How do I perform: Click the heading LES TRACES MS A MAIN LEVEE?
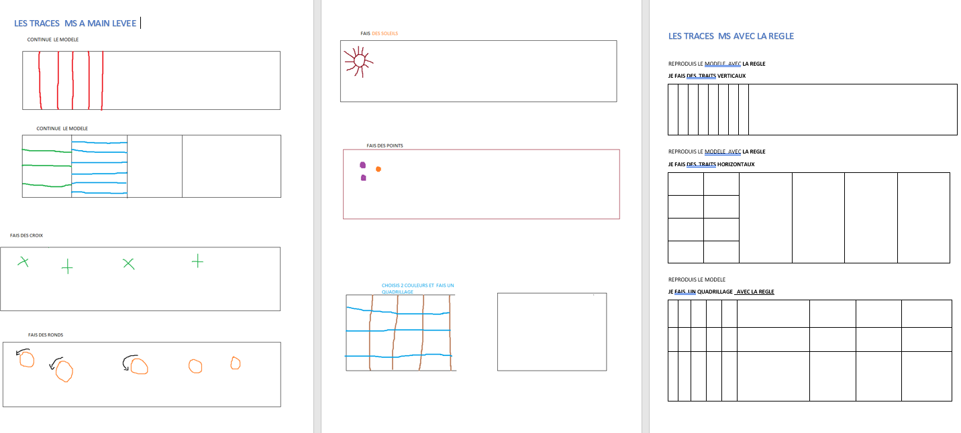click(x=75, y=23)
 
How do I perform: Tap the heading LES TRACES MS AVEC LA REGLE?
click(x=731, y=36)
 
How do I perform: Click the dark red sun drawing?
click(x=358, y=62)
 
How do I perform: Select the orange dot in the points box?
click(x=378, y=169)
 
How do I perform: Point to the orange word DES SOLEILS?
click(x=385, y=34)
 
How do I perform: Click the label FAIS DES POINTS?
click(x=385, y=145)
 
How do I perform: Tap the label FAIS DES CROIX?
click(x=27, y=235)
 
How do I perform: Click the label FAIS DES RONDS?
click(x=46, y=335)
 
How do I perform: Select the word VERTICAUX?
click(x=731, y=76)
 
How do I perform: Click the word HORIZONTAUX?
click(x=736, y=164)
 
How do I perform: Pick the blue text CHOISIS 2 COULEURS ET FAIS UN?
click(x=418, y=286)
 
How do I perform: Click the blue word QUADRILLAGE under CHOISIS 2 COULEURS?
click(x=397, y=292)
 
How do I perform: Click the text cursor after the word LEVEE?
click(x=140, y=23)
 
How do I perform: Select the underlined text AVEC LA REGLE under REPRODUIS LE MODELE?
click(x=755, y=292)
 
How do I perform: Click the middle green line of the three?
click(x=46, y=166)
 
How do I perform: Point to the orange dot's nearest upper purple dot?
click(x=362, y=165)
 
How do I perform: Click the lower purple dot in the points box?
click(x=363, y=178)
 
